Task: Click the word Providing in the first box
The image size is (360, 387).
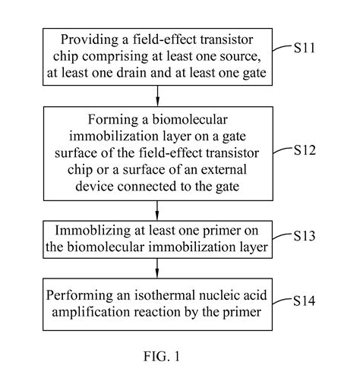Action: tap(81, 39)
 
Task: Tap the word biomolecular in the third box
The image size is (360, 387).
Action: tap(109, 245)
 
